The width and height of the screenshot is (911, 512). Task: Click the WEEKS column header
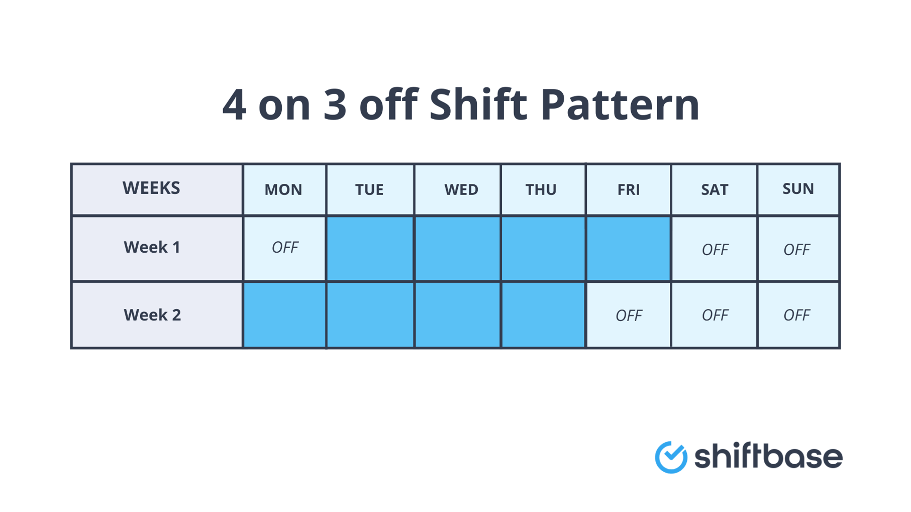151,188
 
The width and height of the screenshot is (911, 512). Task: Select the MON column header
283,190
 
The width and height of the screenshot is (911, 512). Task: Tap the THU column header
541,190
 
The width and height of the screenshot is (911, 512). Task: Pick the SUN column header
798,189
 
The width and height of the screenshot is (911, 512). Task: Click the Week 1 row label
152,247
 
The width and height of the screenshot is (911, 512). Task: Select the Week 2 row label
152,315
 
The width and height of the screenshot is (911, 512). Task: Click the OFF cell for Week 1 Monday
284,248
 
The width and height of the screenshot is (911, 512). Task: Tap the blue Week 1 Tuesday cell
370,249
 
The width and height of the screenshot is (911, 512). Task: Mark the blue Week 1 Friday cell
628,249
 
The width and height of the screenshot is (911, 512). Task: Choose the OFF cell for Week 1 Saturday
715,250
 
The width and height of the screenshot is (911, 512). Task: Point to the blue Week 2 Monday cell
284,315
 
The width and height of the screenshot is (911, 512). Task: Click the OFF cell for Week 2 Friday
629,316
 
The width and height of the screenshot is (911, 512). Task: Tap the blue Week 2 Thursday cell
543,315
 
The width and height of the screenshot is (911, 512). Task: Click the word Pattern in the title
620,105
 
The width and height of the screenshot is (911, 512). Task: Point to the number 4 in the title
234,106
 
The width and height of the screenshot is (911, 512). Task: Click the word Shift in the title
478,105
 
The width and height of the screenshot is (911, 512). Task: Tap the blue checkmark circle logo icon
671,457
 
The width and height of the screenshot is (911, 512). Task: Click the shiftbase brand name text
768,457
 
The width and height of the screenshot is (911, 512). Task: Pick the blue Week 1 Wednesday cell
457,249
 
